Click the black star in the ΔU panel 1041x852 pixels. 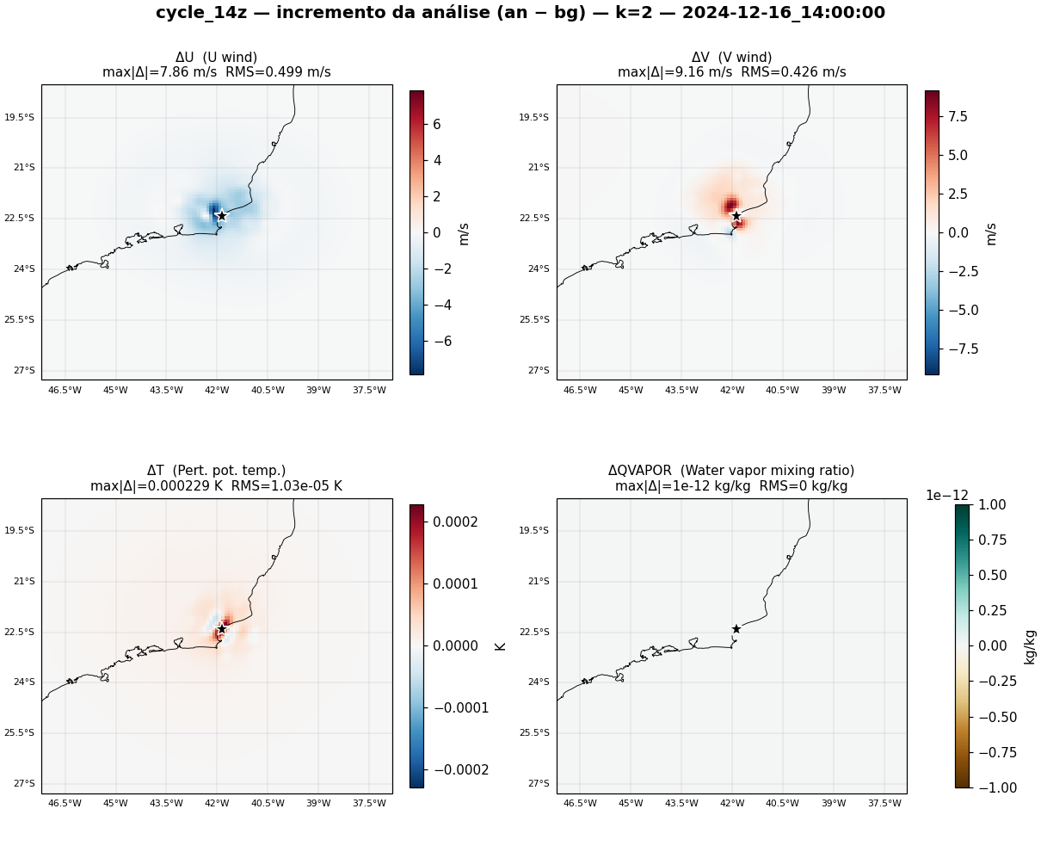(x=222, y=215)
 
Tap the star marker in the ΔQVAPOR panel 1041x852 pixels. (x=736, y=629)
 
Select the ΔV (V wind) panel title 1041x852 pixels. (x=731, y=58)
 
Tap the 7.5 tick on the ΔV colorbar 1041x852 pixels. (x=958, y=116)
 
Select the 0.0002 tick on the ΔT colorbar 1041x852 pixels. (x=455, y=522)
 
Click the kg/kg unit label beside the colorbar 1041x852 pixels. (x=1030, y=647)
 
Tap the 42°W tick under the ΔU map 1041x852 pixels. (x=217, y=390)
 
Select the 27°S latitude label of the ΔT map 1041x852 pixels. (x=24, y=783)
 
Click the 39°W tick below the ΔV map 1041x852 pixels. (x=834, y=390)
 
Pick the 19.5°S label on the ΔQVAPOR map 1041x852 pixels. (x=533, y=530)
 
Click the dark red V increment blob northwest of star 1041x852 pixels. (x=731, y=203)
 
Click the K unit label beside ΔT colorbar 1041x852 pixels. (x=500, y=646)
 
